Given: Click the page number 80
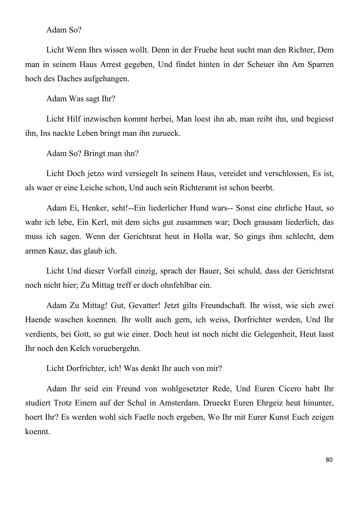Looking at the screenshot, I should coord(329,460).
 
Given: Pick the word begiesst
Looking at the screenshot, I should coord(319,119).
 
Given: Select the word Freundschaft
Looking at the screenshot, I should coord(220,305).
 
